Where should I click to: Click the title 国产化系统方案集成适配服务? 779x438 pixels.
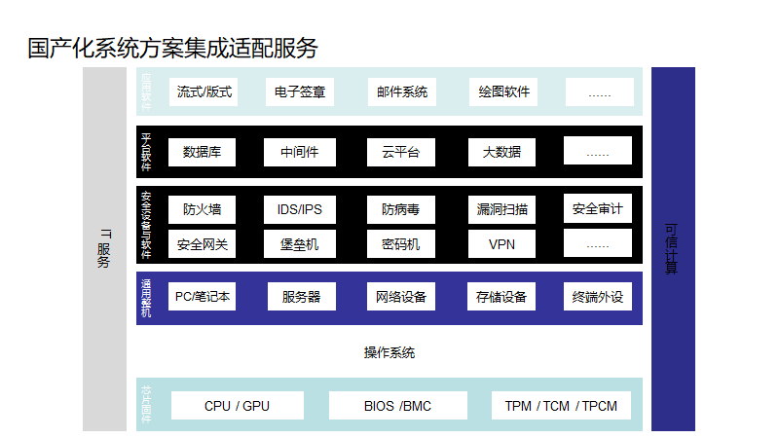[172, 48]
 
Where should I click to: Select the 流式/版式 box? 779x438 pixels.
[204, 92]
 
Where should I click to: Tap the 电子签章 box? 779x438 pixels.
[300, 92]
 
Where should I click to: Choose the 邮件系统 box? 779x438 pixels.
[402, 92]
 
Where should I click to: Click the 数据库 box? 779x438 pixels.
[203, 152]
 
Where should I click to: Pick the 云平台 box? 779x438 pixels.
[401, 152]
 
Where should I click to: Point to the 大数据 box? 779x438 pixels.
[501, 152]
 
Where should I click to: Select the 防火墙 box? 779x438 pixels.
[202, 209]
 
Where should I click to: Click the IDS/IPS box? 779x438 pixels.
[300, 209]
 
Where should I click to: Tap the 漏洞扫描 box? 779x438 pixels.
[502, 209]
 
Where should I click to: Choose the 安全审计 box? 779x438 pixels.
[597, 208]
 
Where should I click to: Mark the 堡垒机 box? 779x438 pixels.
[300, 244]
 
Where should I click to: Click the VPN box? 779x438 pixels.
[502, 244]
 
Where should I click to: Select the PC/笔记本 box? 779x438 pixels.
[202, 297]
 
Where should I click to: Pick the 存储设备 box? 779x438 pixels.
[501, 297]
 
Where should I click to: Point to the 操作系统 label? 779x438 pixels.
[389, 352]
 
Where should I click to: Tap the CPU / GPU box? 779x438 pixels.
[237, 406]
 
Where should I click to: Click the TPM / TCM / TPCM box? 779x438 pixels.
[561, 406]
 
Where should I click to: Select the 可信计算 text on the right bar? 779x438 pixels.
[672, 249]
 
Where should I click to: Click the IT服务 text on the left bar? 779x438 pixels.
[104, 249]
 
